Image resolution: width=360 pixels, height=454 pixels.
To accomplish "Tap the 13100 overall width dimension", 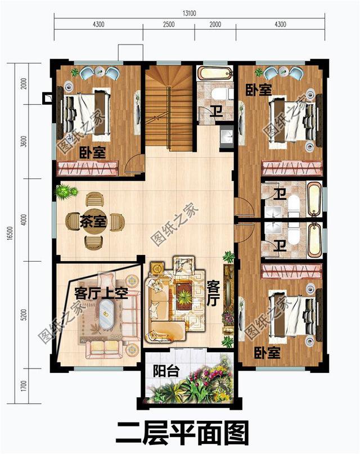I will pos(189,14).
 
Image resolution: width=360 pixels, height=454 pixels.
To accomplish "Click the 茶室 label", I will pos(93,221).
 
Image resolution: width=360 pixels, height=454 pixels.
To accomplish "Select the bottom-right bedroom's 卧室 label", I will pos(267,353).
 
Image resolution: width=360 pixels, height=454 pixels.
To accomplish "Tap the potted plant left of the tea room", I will pos(66,192).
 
